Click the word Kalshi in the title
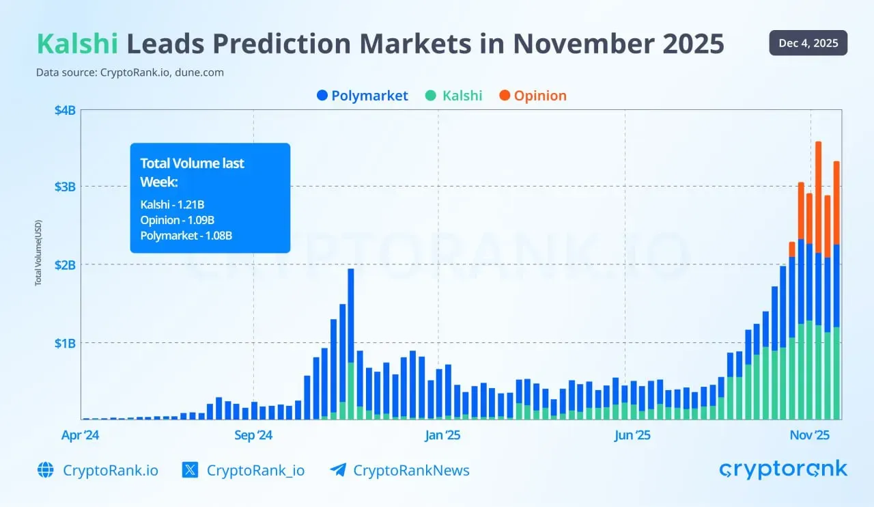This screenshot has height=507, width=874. [77, 44]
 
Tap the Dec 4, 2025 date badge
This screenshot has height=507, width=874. [808, 43]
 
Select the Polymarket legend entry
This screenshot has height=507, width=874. [363, 96]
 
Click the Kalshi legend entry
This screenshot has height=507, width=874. [453, 96]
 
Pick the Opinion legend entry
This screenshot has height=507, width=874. [533, 96]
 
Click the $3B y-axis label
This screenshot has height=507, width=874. [65, 187]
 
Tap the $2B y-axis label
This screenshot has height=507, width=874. [65, 264]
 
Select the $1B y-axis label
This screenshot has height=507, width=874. [65, 342]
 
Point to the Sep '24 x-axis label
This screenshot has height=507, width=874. [253, 435]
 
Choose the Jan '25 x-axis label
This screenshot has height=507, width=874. [443, 435]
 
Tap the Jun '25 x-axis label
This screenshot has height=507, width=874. [632, 435]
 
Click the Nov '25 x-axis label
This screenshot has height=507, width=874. [809, 435]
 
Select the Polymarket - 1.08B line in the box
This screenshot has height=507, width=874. [186, 236]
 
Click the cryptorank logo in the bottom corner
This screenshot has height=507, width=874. [783, 470]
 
